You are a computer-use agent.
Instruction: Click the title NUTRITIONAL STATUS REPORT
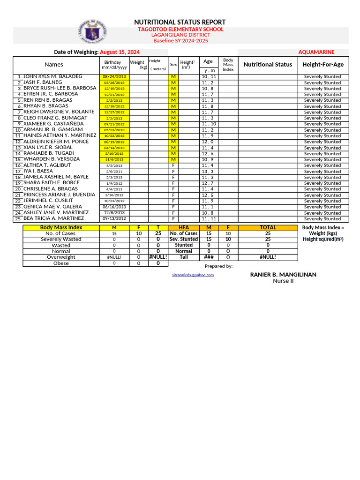(x=180, y=22)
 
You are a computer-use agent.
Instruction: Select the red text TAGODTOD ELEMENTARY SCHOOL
(x=180, y=30)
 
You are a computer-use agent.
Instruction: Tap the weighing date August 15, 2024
(x=120, y=52)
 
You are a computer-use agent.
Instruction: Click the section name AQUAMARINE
(x=316, y=52)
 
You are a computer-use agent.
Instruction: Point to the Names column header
(x=54, y=65)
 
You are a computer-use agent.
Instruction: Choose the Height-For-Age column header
(x=323, y=65)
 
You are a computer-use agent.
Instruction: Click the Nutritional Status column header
(x=268, y=65)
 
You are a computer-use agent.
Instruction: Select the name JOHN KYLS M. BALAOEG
(x=52, y=76)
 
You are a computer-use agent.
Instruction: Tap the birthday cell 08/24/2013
(x=114, y=76)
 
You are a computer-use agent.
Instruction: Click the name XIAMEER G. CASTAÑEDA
(x=53, y=124)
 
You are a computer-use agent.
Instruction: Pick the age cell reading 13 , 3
(x=208, y=172)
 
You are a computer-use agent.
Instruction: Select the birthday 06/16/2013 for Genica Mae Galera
(x=114, y=207)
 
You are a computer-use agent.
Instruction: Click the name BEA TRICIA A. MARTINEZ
(x=53, y=218)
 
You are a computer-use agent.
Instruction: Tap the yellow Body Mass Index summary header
(x=61, y=227)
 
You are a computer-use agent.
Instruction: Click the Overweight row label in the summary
(x=61, y=257)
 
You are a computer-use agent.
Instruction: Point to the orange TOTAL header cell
(x=268, y=227)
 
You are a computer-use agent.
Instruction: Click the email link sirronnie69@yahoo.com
(x=193, y=275)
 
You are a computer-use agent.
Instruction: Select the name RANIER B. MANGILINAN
(x=283, y=275)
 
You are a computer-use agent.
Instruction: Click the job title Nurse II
(x=283, y=281)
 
